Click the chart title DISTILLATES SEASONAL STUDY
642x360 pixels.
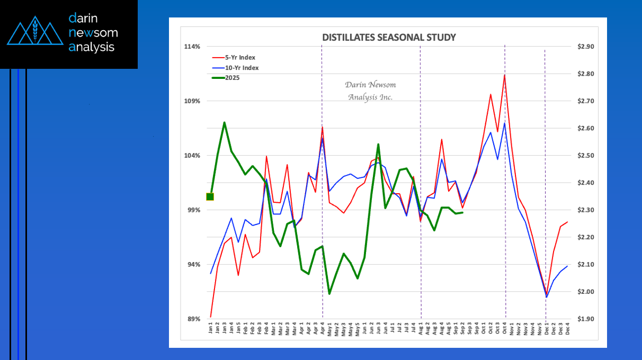[x=389, y=38]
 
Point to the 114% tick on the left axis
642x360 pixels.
[x=192, y=47]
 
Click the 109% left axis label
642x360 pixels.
[x=192, y=101]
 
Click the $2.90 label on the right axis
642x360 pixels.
[x=586, y=47]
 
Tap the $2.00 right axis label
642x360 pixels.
[x=586, y=292]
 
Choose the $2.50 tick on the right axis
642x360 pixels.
[x=586, y=156]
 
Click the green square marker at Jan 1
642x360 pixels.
[x=210, y=197]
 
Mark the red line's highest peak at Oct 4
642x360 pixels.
[x=504, y=75]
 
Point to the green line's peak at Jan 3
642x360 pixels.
[x=225, y=122]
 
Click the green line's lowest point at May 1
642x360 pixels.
[x=329, y=294]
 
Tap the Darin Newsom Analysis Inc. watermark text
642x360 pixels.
[x=370, y=91]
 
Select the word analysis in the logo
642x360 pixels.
[x=91, y=47]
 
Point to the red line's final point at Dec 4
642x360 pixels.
[x=567, y=222]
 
